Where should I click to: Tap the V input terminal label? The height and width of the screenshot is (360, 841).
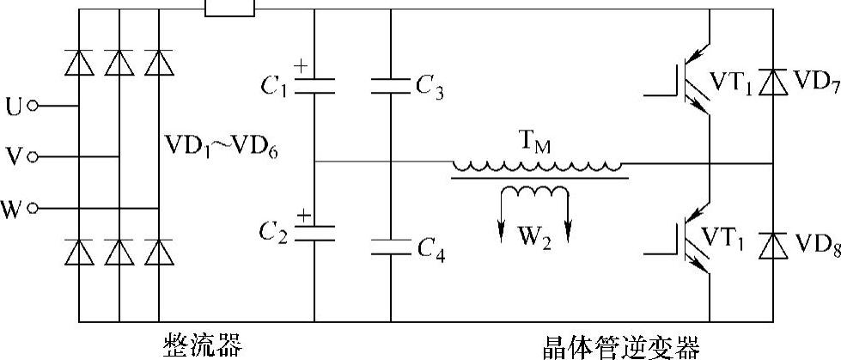click(14, 157)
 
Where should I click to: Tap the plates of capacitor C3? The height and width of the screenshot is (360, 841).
click(391, 85)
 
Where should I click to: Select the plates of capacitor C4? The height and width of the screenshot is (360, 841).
click(391, 246)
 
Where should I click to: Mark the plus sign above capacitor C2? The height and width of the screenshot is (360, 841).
click(302, 211)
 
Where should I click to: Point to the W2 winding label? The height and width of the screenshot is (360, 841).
click(533, 233)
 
